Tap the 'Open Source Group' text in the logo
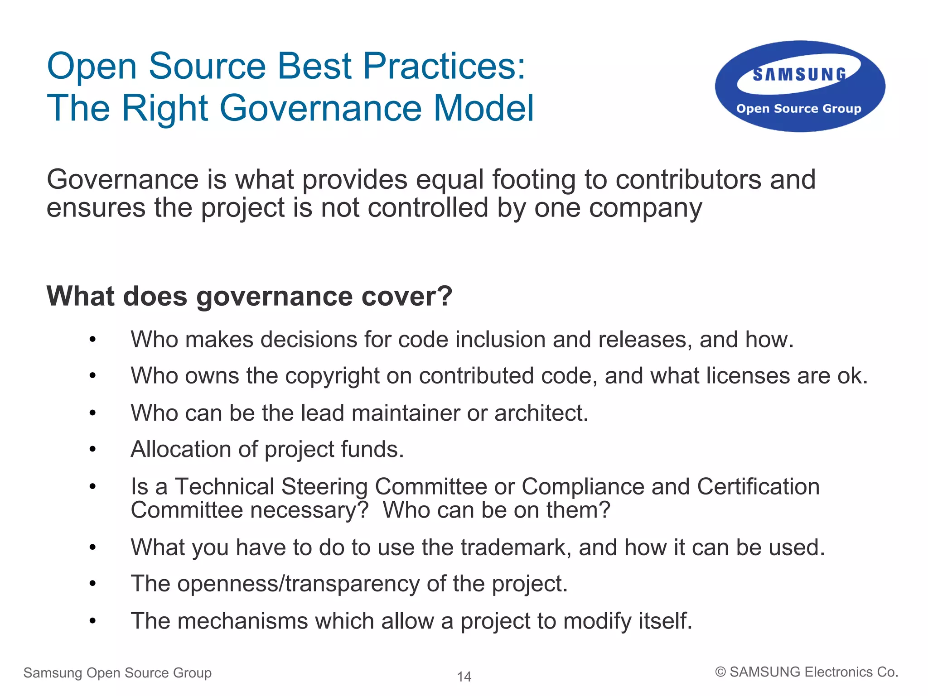(x=798, y=109)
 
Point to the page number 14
(x=464, y=677)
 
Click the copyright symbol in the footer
(x=720, y=672)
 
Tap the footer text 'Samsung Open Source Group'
(x=117, y=673)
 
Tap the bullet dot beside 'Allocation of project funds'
(x=92, y=450)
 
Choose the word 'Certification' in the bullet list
(x=758, y=487)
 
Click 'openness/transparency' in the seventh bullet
(x=298, y=584)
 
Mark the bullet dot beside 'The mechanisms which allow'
(x=92, y=621)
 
